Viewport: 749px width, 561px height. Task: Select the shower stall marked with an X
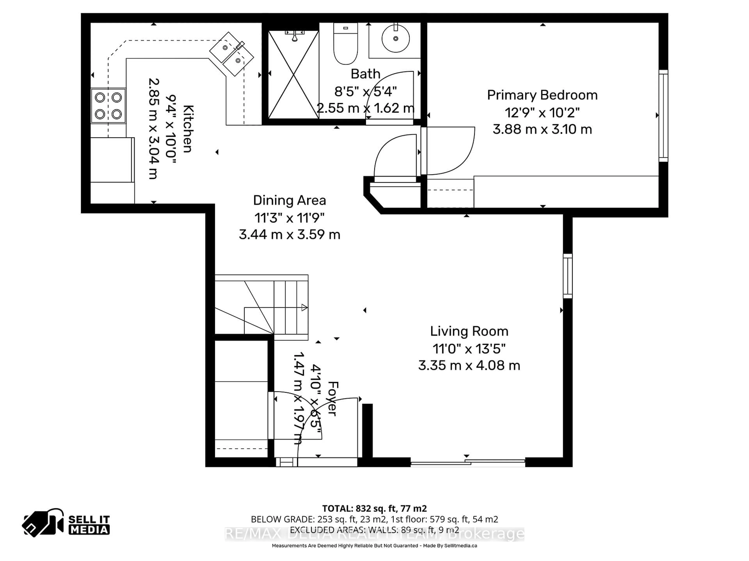pyautogui.click(x=293, y=74)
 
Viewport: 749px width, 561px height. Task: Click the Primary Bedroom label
pyautogui.click(x=542, y=95)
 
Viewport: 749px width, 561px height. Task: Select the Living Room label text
pyautogui.click(x=469, y=331)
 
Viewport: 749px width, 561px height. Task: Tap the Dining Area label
pyautogui.click(x=289, y=200)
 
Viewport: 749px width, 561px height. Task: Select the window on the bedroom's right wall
pyautogui.click(x=663, y=116)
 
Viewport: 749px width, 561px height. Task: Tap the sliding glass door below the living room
pyautogui.click(x=468, y=463)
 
